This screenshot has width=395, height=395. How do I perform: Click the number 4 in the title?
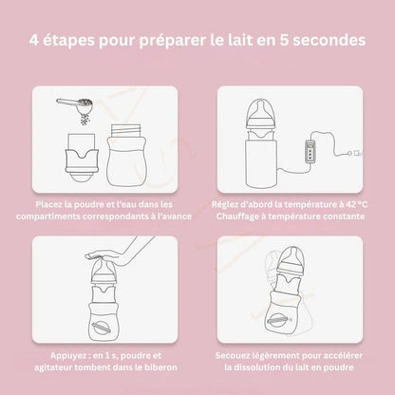(34, 40)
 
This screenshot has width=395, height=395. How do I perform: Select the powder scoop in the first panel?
(75, 106)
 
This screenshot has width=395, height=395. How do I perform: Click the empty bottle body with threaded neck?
(127, 155)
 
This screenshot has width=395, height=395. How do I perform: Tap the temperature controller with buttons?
(310, 152)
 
